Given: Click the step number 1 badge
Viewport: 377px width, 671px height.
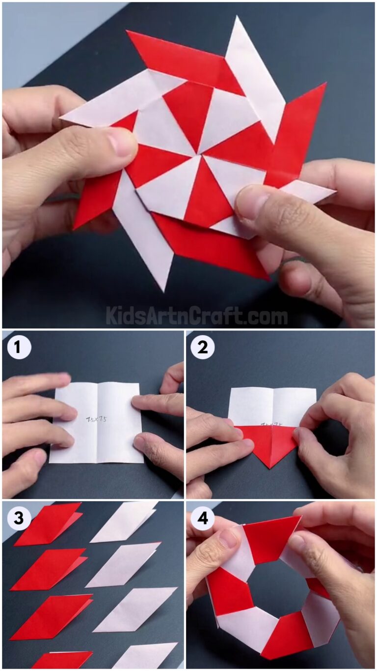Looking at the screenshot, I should pos(19,348).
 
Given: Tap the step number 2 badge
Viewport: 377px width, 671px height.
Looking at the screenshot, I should pos(203,348).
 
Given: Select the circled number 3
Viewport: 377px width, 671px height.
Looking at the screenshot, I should pos(19,518).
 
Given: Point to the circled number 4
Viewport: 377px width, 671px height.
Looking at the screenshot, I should pos(203,518).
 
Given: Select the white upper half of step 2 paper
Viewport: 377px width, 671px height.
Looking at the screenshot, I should pos(272,406).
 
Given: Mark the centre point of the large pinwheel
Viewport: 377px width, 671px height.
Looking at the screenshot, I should pos(199,153).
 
